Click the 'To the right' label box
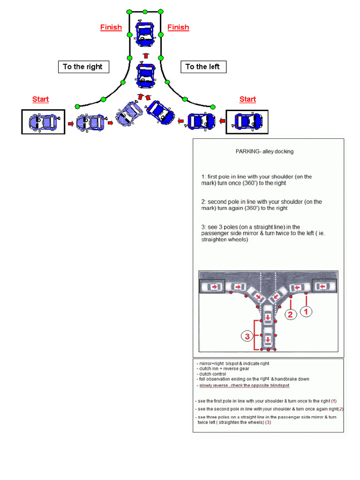(x=83, y=67)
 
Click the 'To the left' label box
(x=203, y=67)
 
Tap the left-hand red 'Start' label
(x=40, y=99)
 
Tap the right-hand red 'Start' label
(x=247, y=99)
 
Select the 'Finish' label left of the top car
(x=111, y=27)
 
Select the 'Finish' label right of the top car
(x=178, y=27)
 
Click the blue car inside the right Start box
(x=248, y=121)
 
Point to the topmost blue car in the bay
(x=145, y=33)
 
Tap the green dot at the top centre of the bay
(x=145, y=11)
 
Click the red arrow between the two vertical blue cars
(x=145, y=55)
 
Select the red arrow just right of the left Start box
(x=70, y=124)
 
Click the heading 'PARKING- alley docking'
(x=264, y=151)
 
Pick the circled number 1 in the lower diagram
(x=306, y=310)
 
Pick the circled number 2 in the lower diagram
(x=291, y=315)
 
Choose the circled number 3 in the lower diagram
(x=247, y=336)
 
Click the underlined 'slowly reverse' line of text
(x=244, y=385)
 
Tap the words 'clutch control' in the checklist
(x=212, y=374)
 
